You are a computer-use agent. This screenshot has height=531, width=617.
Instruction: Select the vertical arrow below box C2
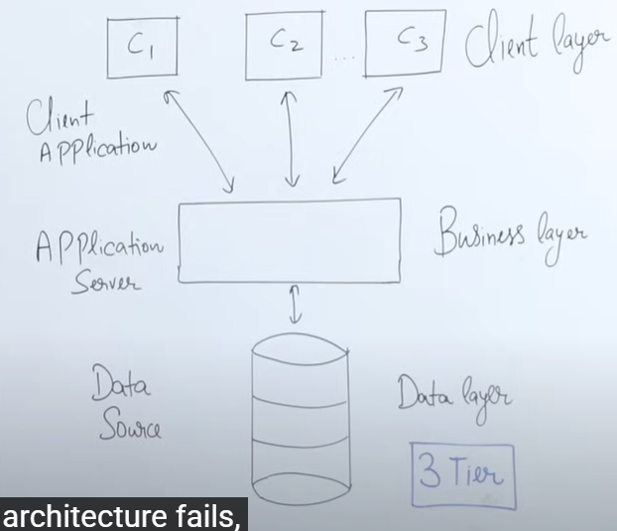tap(291, 139)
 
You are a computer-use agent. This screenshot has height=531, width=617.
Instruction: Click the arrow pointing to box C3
tap(366, 135)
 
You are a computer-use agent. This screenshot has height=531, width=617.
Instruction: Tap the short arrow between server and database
tap(296, 305)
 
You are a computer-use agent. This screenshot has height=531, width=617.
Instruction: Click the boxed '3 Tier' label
tap(463, 475)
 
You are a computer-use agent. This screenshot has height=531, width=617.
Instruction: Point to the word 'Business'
tap(479, 233)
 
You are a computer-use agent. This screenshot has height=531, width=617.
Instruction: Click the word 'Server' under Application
tap(105, 282)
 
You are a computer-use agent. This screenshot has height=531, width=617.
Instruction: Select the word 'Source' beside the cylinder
tap(130, 425)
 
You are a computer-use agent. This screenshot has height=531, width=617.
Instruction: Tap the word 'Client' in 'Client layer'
tap(501, 45)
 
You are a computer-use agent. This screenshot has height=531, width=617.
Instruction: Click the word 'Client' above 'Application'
tap(60, 117)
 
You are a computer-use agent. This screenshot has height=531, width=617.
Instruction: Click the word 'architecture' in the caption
tap(86, 517)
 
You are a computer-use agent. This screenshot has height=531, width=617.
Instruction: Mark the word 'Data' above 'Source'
tap(121, 382)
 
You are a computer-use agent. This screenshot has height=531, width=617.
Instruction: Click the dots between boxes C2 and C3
tap(344, 59)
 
